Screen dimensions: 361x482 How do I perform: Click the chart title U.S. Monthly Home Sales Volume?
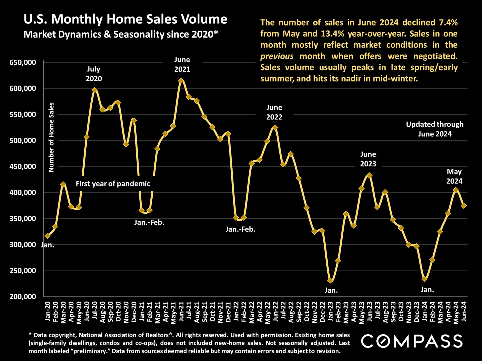coord(125,19)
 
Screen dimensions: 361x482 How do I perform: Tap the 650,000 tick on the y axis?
coord(23,62)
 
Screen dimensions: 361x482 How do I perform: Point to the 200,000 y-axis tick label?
coord(23,297)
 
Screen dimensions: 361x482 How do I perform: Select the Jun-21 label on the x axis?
coord(181,311)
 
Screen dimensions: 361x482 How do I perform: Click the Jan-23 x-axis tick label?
coord(330,311)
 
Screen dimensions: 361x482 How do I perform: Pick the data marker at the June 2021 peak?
coord(181,80)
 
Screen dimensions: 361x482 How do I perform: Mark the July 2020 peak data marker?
coord(95,90)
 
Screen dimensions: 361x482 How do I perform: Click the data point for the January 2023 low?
coord(330,281)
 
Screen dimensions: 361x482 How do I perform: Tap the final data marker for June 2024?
coord(464,206)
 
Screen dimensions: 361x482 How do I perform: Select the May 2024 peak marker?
coord(456,190)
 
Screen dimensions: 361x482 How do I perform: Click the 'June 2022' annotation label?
coord(274,112)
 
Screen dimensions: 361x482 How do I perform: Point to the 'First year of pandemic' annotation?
coord(113,184)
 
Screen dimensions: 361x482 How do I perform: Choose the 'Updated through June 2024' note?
coord(435,129)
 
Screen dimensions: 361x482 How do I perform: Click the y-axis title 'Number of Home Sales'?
coord(51,137)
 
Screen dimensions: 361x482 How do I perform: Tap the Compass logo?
coord(412,341)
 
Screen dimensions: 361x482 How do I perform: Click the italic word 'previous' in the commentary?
coord(277,56)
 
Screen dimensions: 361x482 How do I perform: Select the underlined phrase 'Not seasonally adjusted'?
coord(300,343)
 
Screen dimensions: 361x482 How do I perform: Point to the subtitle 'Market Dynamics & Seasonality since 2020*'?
coord(121,34)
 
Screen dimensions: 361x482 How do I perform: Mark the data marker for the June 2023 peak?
coord(369,175)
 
